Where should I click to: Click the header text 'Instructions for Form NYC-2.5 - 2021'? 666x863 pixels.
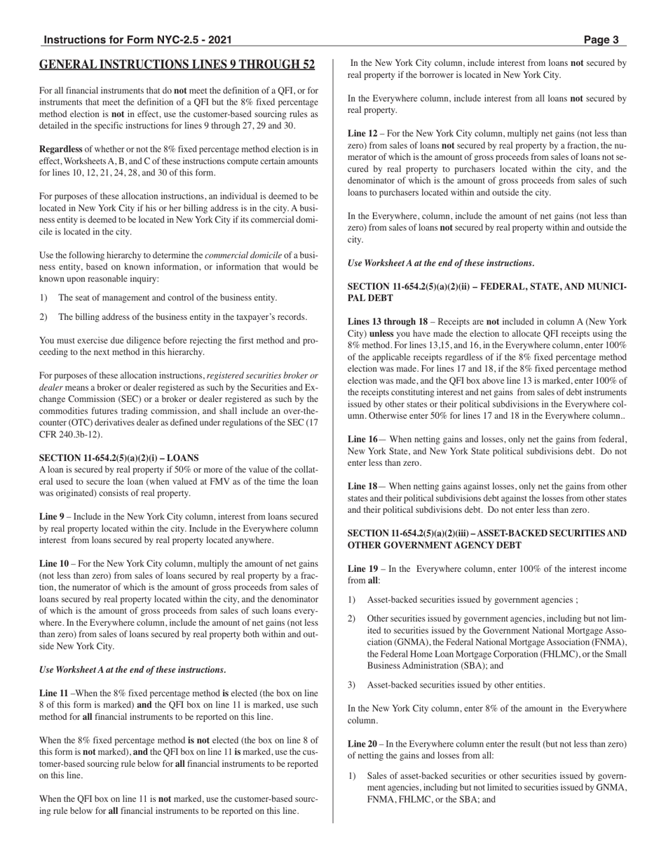point(137,40)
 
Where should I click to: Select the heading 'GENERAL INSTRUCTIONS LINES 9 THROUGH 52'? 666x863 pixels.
point(177,65)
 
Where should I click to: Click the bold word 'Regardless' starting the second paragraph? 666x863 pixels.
point(60,149)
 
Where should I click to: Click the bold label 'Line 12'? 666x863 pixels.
point(363,133)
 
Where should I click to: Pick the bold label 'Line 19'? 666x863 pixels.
point(363,569)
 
